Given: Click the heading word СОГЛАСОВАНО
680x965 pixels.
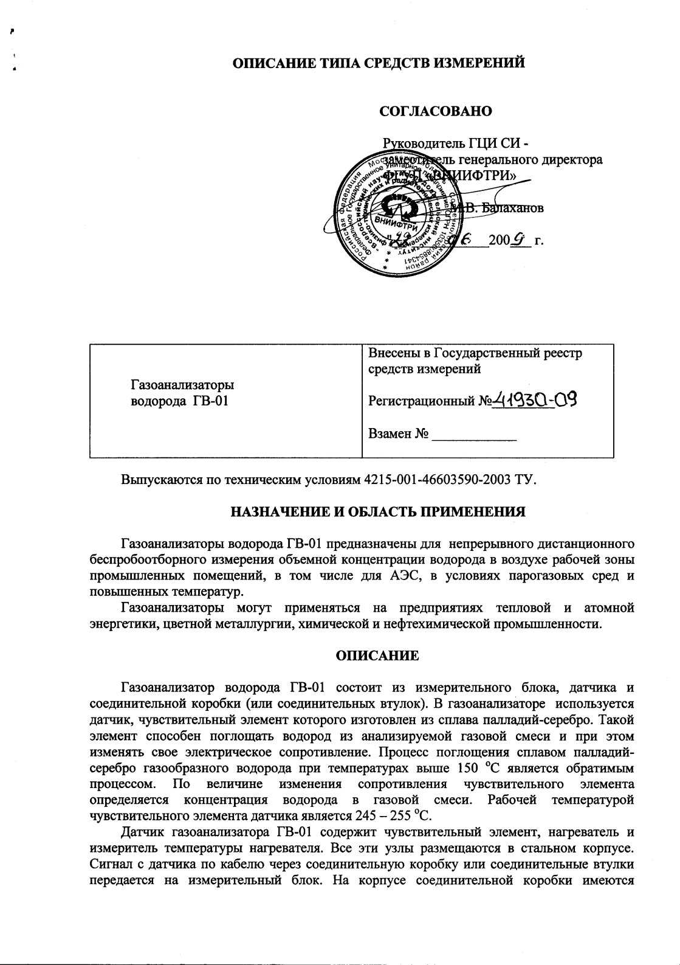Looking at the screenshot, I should pyautogui.click(x=435, y=111).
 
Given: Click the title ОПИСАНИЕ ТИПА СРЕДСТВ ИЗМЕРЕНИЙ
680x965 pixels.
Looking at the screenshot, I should pyautogui.click(x=379, y=63).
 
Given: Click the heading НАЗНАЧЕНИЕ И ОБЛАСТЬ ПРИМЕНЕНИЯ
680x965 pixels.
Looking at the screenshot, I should pyautogui.click(x=377, y=511).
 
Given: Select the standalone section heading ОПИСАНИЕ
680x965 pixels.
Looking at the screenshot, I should pyautogui.click(x=377, y=655).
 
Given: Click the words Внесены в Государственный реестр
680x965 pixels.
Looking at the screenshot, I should pyautogui.click(x=475, y=353).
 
